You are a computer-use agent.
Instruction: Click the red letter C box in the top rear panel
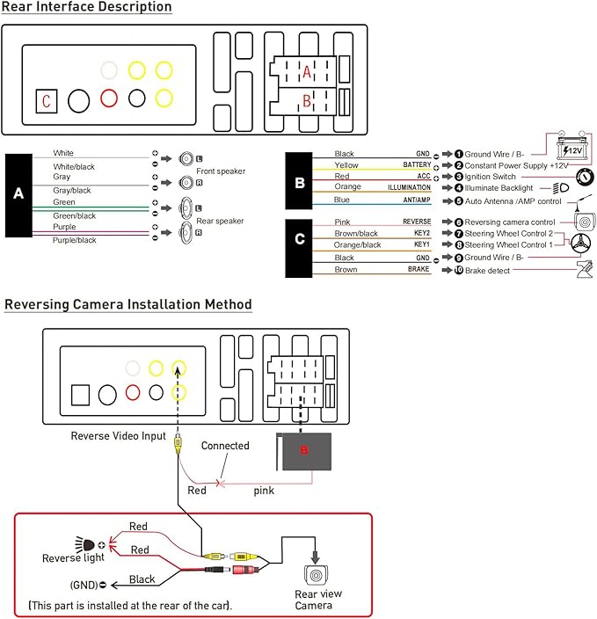tap(47, 101)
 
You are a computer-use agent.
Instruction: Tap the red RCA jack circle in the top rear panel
tap(108, 98)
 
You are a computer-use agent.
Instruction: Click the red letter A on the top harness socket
tap(307, 72)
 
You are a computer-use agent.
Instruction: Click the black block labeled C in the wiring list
tap(299, 248)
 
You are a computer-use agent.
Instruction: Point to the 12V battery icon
tap(572, 148)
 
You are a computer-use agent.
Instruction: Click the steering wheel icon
tap(581, 244)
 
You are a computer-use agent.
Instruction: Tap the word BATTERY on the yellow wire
tap(417, 164)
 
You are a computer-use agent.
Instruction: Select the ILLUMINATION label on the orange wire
tap(409, 187)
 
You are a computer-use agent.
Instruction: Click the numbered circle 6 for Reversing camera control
tap(458, 222)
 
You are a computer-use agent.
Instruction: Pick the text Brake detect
tap(487, 271)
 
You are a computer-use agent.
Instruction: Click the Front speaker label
tap(221, 171)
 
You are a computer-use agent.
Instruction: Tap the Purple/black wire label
tap(74, 240)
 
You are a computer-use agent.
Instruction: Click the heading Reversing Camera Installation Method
tap(128, 304)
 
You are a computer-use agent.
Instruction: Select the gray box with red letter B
tap(303, 451)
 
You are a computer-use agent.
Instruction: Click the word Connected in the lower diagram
tap(225, 446)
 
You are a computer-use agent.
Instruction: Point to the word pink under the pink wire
tap(264, 491)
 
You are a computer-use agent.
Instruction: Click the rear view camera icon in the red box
tap(316, 574)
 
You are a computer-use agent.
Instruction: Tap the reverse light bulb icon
tap(85, 545)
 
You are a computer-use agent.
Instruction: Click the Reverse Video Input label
tap(119, 436)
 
